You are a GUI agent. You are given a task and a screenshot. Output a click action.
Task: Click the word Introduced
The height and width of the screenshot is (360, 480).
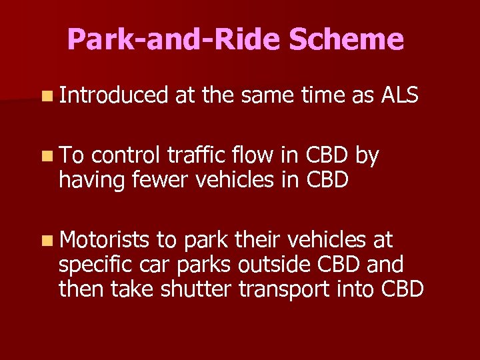[x=113, y=96]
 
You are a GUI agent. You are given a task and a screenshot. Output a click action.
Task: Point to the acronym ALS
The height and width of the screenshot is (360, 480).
[x=399, y=96]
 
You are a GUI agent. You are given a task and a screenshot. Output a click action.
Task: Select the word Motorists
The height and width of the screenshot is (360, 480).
[x=105, y=239]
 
